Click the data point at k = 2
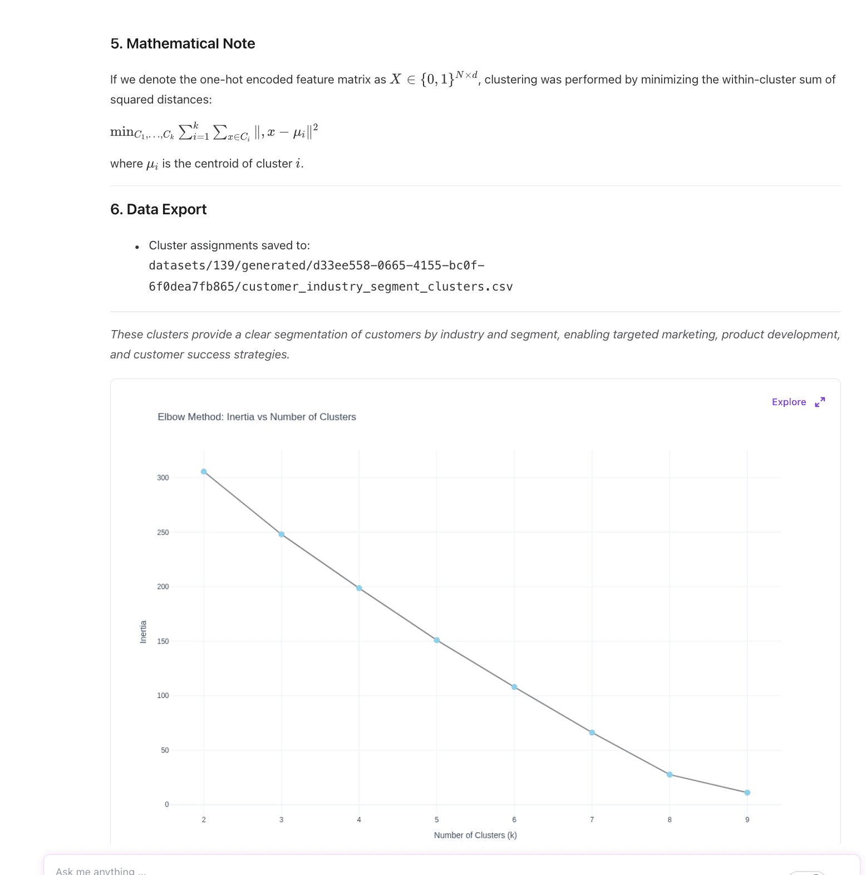(204, 471)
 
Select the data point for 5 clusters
(437, 640)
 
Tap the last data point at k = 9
(747, 793)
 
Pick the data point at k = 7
(592, 733)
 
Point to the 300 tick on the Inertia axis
(163, 478)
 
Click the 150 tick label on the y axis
(163, 641)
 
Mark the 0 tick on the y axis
(166, 804)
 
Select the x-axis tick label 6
(514, 820)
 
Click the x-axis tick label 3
(282, 820)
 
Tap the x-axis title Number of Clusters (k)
(475, 835)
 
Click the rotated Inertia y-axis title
(143, 632)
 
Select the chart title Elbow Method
(257, 417)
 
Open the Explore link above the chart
(789, 402)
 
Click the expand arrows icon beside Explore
(820, 402)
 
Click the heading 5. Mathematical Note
(183, 43)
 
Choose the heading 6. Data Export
(158, 209)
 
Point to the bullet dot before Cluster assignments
(137, 247)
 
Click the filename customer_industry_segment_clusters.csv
(377, 287)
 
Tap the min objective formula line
(214, 132)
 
